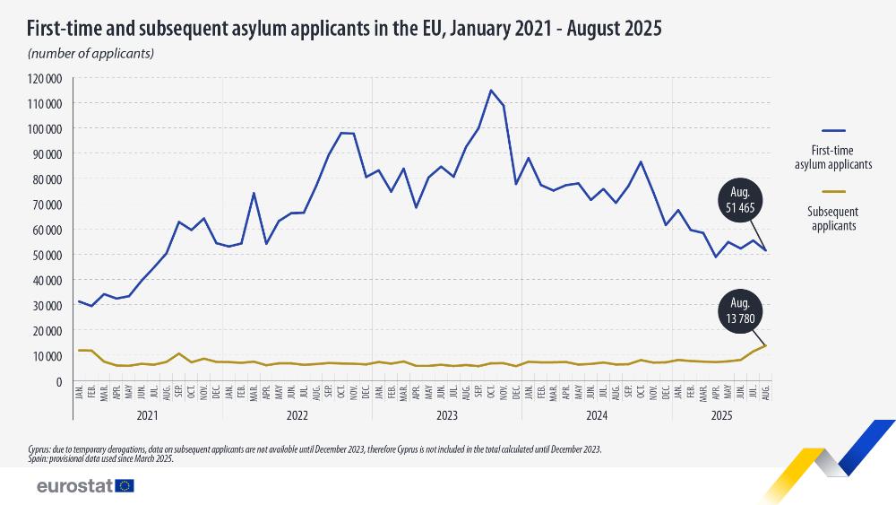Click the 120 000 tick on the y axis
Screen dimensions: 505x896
(x=43, y=78)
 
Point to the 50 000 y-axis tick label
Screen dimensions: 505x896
(x=45, y=255)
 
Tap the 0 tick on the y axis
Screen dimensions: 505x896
(x=57, y=381)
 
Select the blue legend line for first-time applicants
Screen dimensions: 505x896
(x=832, y=131)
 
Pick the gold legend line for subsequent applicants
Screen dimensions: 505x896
(x=832, y=191)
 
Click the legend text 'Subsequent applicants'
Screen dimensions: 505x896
(x=832, y=219)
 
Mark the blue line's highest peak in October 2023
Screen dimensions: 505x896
(x=490, y=90)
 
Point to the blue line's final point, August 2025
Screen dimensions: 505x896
(x=765, y=251)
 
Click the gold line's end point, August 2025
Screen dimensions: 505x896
(x=765, y=346)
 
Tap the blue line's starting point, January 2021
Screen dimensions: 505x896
(x=79, y=301)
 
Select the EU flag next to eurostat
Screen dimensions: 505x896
(x=124, y=486)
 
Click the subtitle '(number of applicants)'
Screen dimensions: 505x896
(x=91, y=53)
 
